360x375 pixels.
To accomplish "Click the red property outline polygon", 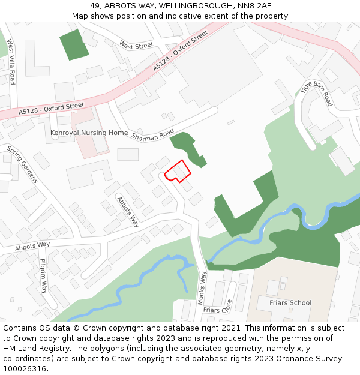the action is click(x=178, y=171).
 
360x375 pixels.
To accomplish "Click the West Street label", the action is click(x=136, y=45).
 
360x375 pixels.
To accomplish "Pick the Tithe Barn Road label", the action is click(x=316, y=93).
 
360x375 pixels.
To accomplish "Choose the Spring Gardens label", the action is click(x=22, y=164).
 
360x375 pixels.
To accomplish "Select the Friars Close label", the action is click(x=217, y=310).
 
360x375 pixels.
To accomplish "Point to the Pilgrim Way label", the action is click(x=43, y=275).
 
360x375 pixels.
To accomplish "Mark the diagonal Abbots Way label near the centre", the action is click(x=128, y=212).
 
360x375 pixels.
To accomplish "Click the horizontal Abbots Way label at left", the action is click(x=33, y=245).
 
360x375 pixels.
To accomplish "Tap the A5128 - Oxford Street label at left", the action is click(x=52, y=108).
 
